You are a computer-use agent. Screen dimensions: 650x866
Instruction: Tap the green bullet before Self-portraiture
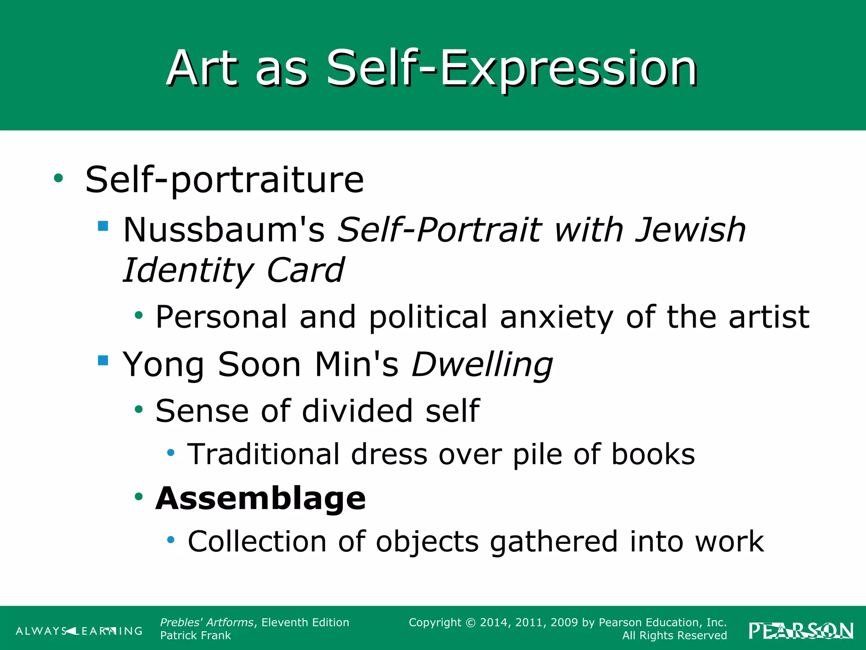[x=58, y=178]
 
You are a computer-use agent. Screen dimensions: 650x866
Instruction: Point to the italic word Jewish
[x=690, y=230]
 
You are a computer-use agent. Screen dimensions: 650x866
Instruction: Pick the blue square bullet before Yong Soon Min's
[x=103, y=360]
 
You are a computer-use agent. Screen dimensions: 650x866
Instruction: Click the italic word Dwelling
[x=482, y=364]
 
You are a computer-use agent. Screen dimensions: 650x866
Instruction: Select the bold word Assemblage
[x=260, y=498]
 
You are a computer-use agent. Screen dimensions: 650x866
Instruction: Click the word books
[x=653, y=454]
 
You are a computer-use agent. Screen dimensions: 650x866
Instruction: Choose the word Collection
[x=257, y=541]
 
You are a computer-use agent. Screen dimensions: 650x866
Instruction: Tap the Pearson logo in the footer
[x=801, y=631]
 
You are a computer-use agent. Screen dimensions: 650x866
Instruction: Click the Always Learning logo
[x=79, y=631]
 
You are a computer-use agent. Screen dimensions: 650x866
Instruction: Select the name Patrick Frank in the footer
[x=195, y=636]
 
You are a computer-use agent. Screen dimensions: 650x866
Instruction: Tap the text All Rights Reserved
[x=674, y=636]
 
